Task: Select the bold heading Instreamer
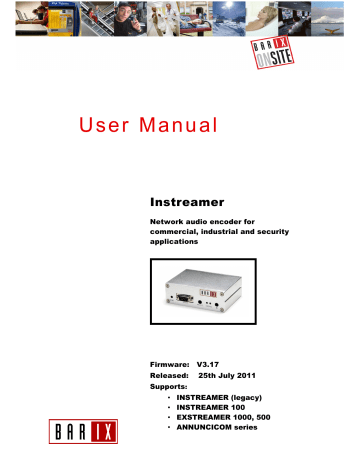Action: coord(183,202)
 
